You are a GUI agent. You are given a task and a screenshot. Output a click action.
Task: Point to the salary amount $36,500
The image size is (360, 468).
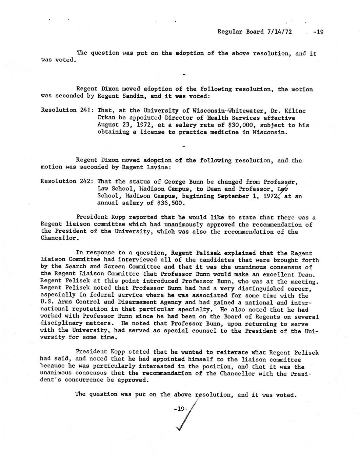(172, 203)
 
